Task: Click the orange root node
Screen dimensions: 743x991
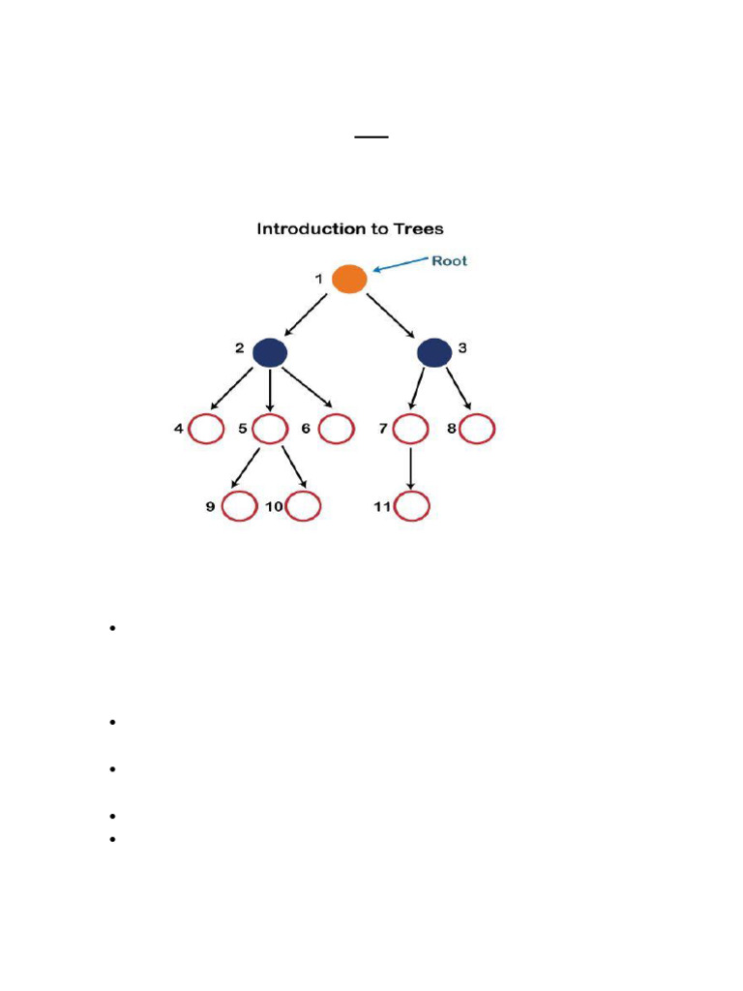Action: pyautogui.click(x=349, y=279)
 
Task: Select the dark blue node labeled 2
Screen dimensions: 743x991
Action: pyautogui.click(x=270, y=353)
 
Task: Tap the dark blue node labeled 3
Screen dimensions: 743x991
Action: pyautogui.click(x=434, y=353)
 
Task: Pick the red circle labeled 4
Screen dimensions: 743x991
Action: pyautogui.click(x=206, y=428)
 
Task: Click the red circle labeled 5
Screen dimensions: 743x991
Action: pyautogui.click(x=270, y=428)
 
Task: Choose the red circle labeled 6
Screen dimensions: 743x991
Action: pyautogui.click(x=335, y=428)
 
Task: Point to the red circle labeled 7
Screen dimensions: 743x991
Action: pyautogui.click(x=411, y=428)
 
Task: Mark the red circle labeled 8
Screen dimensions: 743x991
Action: pyautogui.click(x=477, y=428)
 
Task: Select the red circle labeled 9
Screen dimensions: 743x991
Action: pyautogui.click(x=239, y=505)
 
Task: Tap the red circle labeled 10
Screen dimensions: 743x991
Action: pyautogui.click(x=303, y=505)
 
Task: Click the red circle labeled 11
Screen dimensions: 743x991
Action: pyautogui.click(x=411, y=505)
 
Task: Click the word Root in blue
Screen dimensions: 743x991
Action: pyautogui.click(x=450, y=261)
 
